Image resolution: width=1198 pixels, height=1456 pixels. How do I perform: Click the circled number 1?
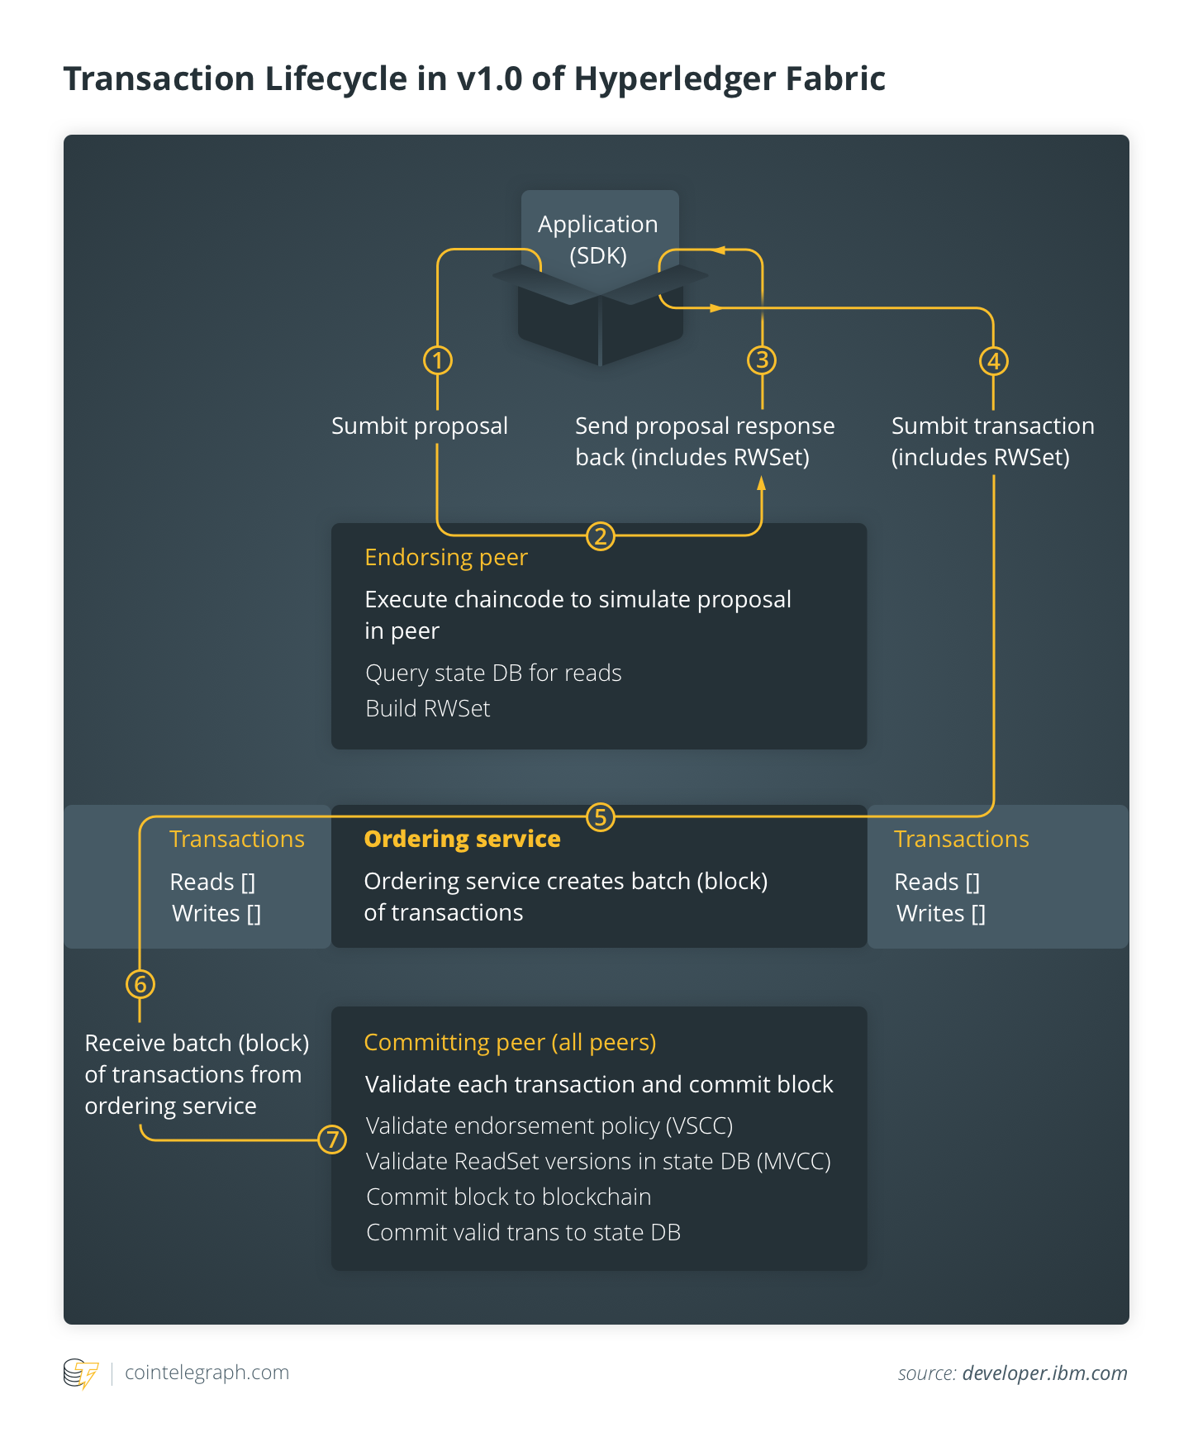point(438,360)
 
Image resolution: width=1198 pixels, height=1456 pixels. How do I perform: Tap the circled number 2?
point(601,536)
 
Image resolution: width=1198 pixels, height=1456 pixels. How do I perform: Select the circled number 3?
point(762,360)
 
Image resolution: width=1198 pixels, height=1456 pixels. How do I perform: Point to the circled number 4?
point(994,361)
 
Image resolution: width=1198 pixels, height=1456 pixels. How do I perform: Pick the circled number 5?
point(601,817)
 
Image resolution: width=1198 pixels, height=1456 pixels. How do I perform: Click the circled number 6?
point(140,984)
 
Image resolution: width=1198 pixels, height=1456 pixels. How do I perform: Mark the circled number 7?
point(332,1140)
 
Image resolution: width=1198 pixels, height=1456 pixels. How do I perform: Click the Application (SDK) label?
point(598,240)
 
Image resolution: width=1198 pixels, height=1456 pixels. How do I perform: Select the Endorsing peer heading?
point(446,558)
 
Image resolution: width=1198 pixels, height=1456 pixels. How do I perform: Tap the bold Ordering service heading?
point(462,839)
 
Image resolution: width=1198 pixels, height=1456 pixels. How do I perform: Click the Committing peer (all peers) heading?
point(510,1043)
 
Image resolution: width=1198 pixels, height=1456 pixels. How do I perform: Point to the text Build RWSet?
point(428,708)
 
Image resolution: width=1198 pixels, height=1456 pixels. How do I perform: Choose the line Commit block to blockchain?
point(509,1197)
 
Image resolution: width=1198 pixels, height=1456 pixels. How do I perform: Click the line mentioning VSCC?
point(549,1126)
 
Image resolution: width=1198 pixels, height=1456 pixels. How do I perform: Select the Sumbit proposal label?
point(420,426)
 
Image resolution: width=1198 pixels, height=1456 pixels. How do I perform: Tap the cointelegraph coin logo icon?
point(80,1373)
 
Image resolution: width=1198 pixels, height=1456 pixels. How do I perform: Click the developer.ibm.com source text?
point(1044,1373)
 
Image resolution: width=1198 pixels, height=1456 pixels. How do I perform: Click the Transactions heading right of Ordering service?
point(962,840)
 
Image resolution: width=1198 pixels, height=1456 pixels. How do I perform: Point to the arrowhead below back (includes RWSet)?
point(762,484)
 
